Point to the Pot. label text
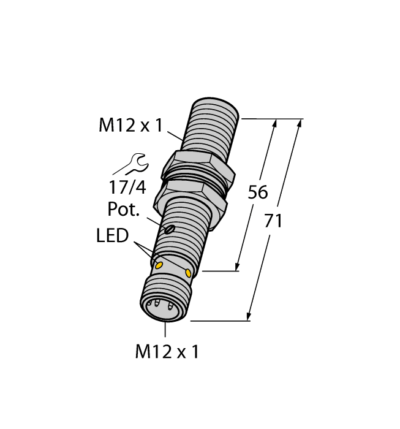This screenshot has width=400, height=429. click(x=124, y=210)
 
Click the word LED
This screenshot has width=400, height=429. click(x=112, y=236)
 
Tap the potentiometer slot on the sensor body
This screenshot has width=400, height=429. click(x=170, y=230)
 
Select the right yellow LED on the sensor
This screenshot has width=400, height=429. click(x=188, y=271)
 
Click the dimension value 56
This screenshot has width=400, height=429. click(x=257, y=192)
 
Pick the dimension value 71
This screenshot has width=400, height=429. click(x=273, y=221)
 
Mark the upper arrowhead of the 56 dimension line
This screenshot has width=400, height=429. click(x=274, y=123)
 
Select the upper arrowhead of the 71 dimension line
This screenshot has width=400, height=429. click(x=300, y=123)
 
